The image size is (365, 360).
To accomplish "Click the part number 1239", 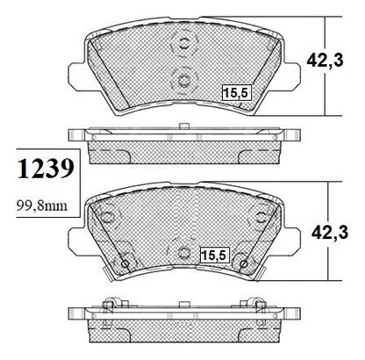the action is pyautogui.click(x=46, y=169).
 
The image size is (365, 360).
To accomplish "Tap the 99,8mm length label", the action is pyautogui.click(x=42, y=205).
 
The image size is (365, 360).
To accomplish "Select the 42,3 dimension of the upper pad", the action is pyautogui.click(x=325, y=61).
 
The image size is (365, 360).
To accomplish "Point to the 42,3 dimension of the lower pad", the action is pyautogui.click(x=330, y=233).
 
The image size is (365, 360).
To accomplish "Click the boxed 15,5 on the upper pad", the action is pyautogui.click(x=236, y=93).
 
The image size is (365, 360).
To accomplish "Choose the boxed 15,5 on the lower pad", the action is pyautogui.click(x=214, y=256).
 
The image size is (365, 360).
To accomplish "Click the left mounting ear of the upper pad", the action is pyautogui.click(x=76, y=75).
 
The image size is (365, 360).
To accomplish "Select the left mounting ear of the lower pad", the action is pyautogui.click(x=76, y=240).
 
